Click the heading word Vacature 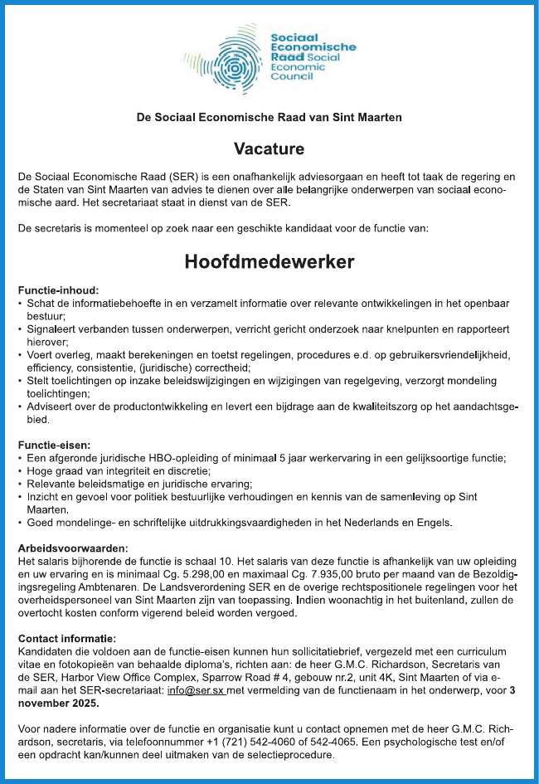coord(269,149)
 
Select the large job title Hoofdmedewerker coord(269,262)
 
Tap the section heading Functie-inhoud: coord(59,290)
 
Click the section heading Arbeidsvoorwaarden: coord(73,548)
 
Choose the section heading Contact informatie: coord(67,638)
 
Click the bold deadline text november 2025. coord(57,703)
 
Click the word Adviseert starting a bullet coord(53,407)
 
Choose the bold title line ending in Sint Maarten coord(269,117)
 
